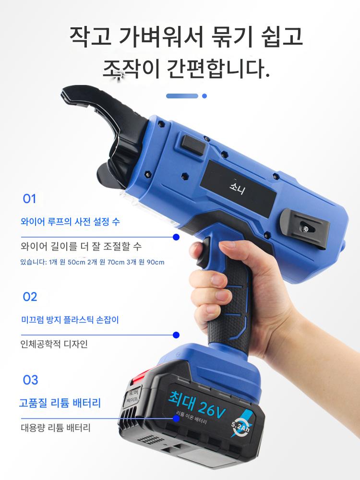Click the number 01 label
29,199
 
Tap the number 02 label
30,297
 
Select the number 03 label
30,380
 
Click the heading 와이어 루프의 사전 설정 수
70,221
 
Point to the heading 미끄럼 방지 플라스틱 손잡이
70,320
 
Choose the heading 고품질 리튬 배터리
60,403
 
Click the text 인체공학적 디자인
54,344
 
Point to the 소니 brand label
237,187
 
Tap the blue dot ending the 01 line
176,237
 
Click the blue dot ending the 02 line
176,335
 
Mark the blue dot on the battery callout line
176,418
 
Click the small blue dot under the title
204,96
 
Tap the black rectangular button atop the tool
193,145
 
